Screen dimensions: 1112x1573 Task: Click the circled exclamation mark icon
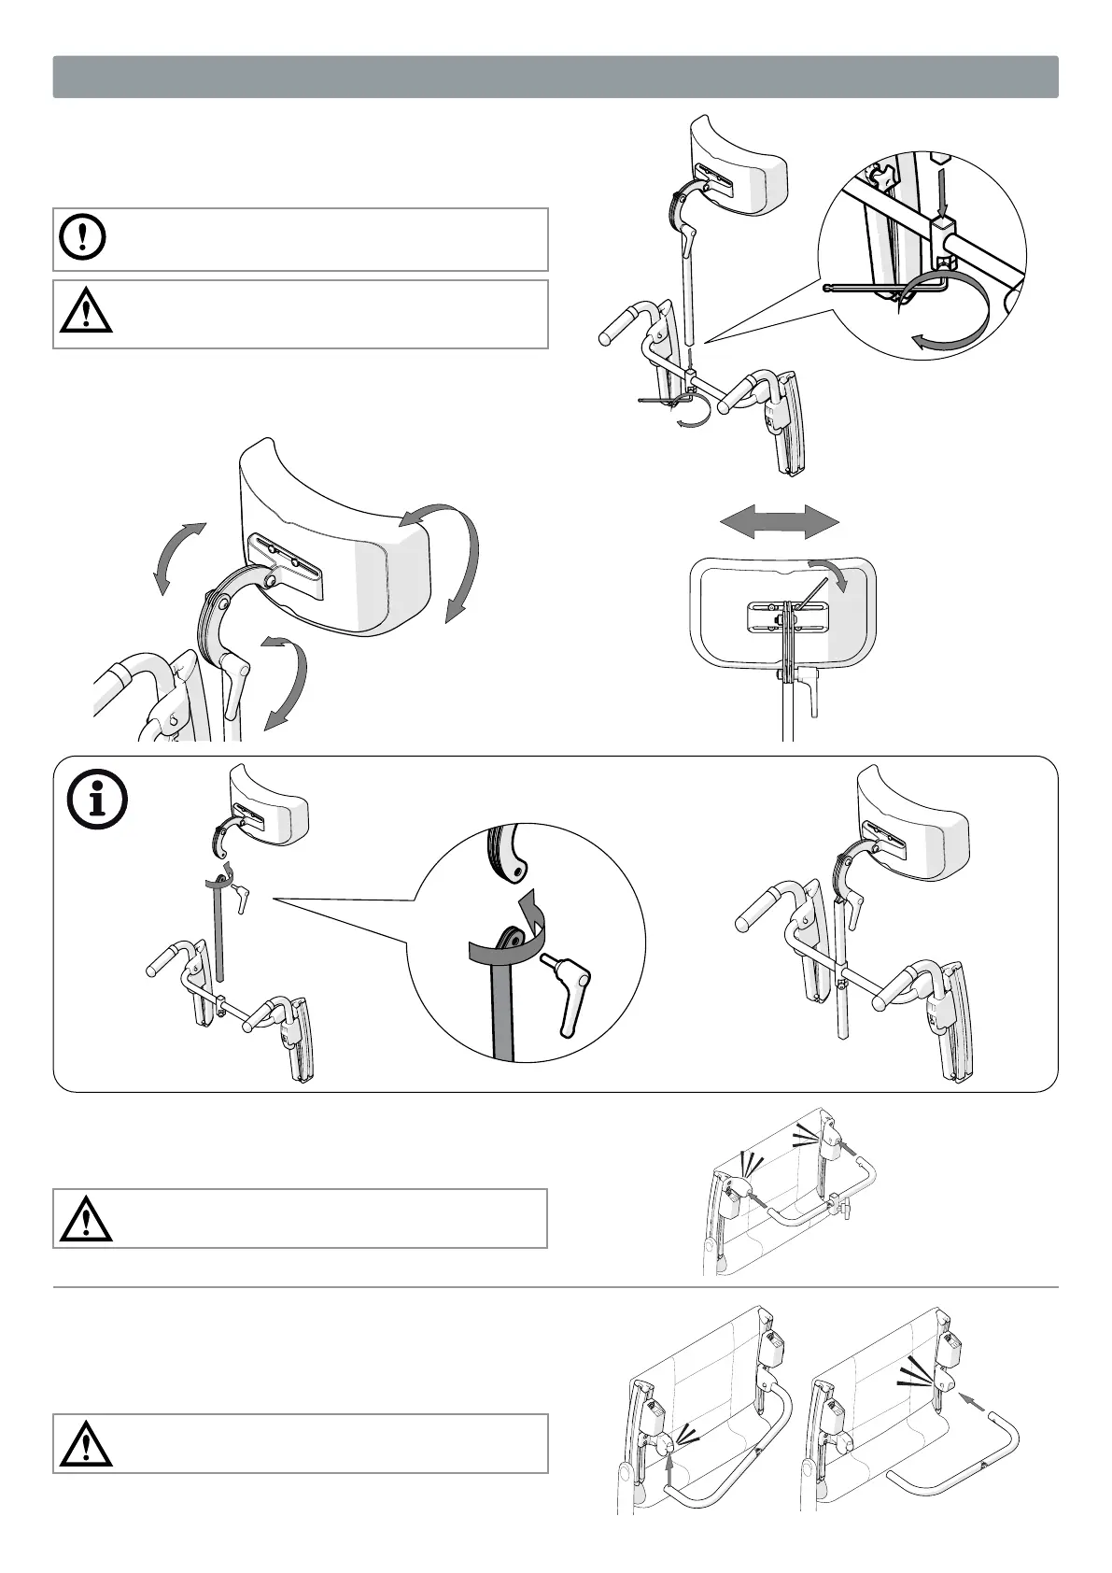click(83, 238)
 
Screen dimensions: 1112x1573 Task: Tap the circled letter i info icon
click(97, 801)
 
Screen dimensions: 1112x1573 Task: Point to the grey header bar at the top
click(556, 77)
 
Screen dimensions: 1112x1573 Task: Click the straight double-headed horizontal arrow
click(779, 522)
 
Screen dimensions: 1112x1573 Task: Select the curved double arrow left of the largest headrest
click(179, 558)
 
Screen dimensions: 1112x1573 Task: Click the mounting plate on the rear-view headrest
click(785, 617)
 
